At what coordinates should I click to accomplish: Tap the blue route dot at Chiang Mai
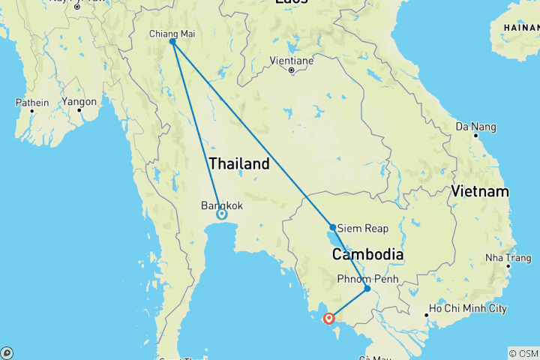pos(172,42)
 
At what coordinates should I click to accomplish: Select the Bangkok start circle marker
pos(221,214)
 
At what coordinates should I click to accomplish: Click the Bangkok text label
pos(222,205)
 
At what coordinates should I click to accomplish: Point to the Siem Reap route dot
pos(332,226)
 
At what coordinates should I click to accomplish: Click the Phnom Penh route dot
pos(367,288)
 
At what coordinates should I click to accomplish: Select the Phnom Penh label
pos(367,279)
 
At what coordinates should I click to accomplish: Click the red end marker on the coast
pos(328,319)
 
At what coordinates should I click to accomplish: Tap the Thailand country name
pos(239,163)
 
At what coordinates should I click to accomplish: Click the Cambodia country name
pos(368,255)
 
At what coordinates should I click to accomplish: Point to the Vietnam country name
pos(480,193)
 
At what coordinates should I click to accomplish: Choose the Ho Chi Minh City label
pos(467,309)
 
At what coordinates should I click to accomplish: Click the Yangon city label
pos(79,102)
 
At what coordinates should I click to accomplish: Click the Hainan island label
pos(518,27)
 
